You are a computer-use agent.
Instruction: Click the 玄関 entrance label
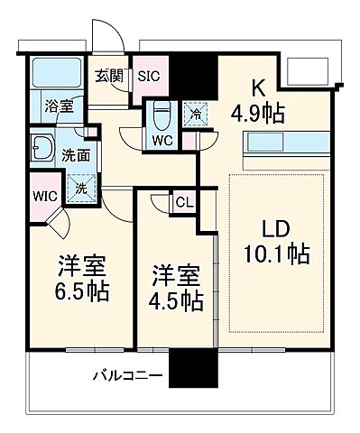(x=110, y=76)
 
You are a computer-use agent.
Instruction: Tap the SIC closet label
(x=147, y=77)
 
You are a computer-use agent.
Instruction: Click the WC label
(x=162, y=141)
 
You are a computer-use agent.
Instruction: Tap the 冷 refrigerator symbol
(x=192, y=115)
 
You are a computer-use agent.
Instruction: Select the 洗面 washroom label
(x=75, y=154)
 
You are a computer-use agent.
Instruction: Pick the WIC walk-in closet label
(x=43, y=194)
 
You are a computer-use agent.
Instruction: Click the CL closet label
(x=183, y=202)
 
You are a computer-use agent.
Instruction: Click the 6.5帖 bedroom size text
(x=83, y=293)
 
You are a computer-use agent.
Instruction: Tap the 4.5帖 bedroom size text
(x=176, y=300)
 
